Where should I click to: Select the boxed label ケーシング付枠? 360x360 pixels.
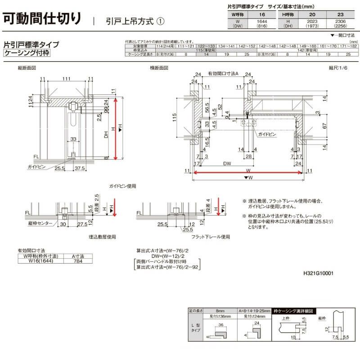click(x=27, y=53)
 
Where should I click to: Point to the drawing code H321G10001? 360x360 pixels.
click(x=321, y=273)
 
